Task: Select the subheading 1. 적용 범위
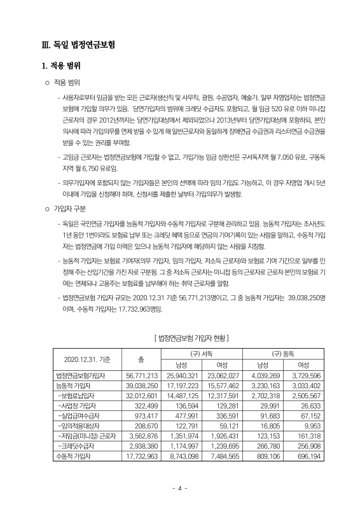pyautogui.click(x=61, y=66)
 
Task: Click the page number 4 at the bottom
pyautogui.click(x=180, y=489)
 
